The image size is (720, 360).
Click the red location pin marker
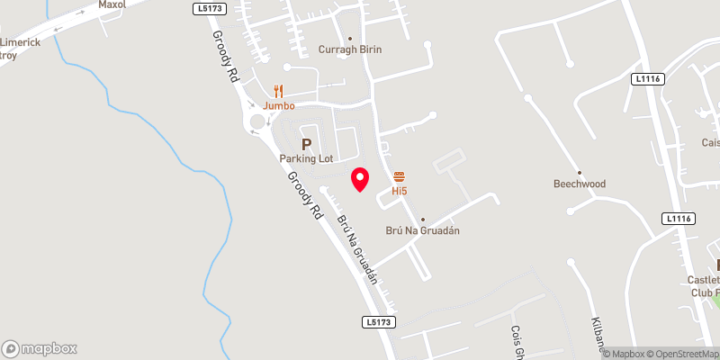click(360, 178)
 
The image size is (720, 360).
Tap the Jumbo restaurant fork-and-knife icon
click(279, 91)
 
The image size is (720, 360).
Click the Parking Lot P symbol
click(306, 144)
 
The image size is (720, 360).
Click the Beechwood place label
click(580, 184)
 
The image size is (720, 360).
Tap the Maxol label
click(111, 4)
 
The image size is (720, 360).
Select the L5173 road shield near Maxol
click(208, 8)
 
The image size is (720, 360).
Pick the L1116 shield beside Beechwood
click(678, 219)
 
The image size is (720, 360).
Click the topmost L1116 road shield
click(647, 80)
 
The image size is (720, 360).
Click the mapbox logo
click(40, 348)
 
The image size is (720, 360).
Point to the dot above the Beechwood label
click(580, 172)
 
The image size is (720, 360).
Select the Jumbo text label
click(279, 106)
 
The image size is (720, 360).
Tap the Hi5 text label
click(400, 191)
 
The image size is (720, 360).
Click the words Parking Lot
click(306, 159)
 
